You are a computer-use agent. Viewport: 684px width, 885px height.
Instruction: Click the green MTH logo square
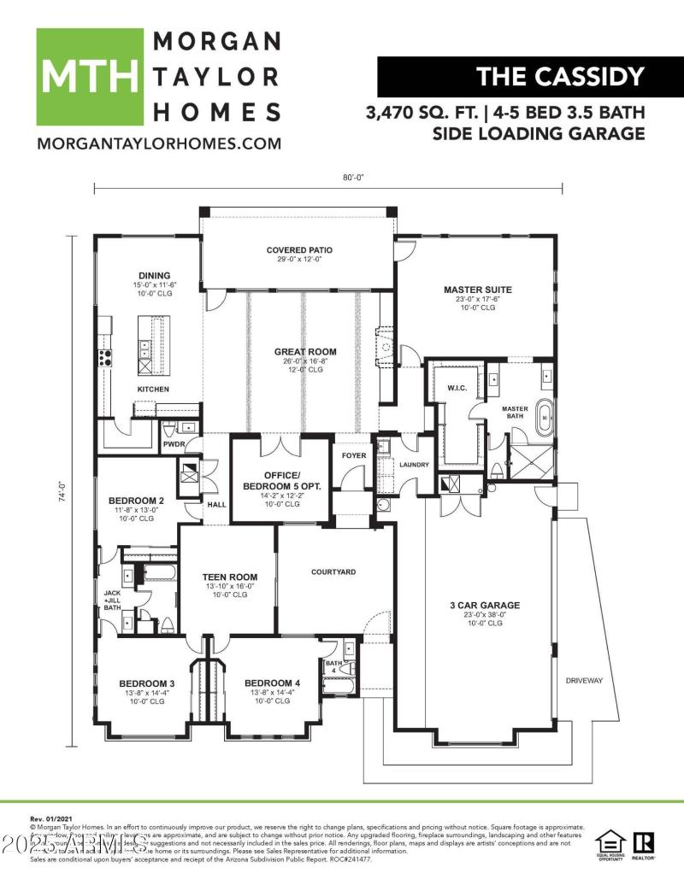pos(89,77)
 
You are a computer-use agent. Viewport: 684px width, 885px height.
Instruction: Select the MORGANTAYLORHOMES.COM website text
pos(158,144)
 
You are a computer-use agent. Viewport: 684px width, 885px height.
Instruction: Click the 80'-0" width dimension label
pos(353,178)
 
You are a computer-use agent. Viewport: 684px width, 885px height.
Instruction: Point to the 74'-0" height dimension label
pos(62,494)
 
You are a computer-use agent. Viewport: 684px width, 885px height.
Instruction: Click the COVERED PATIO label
pos(298,250)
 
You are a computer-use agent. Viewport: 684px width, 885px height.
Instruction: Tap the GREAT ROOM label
pos(304,351)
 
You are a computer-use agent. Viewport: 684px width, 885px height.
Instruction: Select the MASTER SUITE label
pos(476,290)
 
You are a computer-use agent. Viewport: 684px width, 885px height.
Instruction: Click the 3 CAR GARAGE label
pos(485,605)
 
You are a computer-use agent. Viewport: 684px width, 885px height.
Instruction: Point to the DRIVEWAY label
pos(584,681)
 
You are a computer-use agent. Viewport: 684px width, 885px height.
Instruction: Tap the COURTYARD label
pos(333,571)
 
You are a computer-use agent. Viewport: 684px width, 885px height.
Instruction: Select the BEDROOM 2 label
pos(136,501)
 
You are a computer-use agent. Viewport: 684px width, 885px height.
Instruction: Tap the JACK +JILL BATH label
pos(113,600)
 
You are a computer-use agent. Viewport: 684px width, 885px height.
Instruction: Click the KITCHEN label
pos(153,390)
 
